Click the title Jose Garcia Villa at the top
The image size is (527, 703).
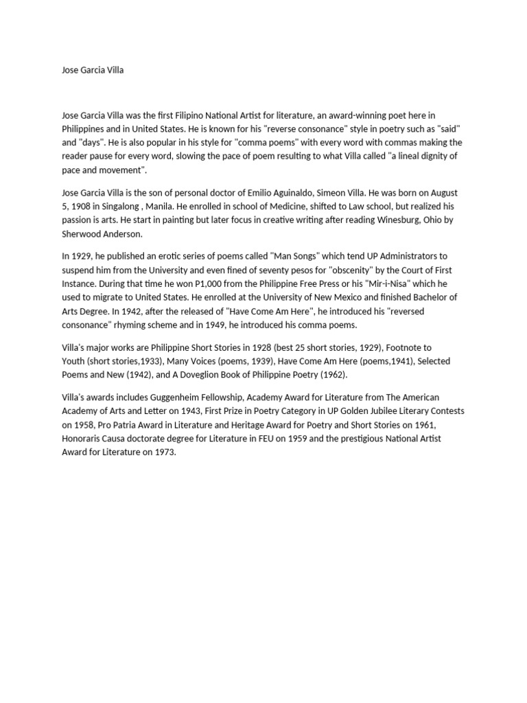(x=93, y=70)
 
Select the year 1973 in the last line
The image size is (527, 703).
(x=164, y=452)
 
